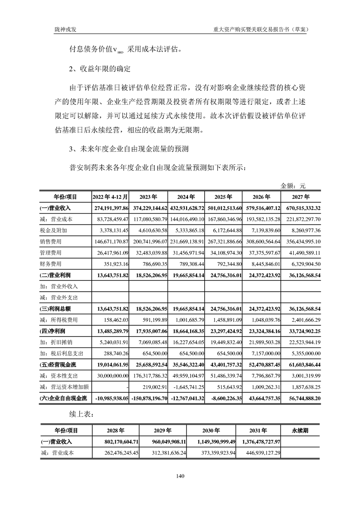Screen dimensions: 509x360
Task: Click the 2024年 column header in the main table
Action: [186, 197]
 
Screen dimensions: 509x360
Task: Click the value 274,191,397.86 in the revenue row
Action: [111, 208]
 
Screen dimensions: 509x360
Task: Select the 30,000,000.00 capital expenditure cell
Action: [111, 375]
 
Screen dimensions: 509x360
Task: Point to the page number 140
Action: [180, 476]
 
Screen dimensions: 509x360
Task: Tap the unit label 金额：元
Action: [293, 186]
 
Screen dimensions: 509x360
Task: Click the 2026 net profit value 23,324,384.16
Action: [262, 331]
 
